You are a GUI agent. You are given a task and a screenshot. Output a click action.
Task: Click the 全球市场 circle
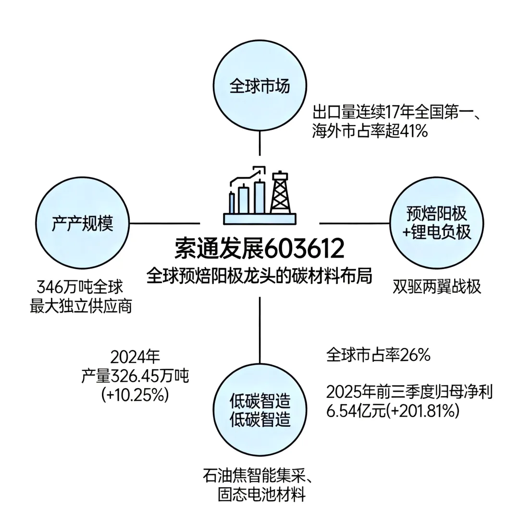260,86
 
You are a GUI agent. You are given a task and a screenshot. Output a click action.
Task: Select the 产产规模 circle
83,223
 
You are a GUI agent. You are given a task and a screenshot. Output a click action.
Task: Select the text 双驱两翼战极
436,287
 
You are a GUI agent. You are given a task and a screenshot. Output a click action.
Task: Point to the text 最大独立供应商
81,307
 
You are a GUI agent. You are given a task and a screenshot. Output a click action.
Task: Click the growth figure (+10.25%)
135,395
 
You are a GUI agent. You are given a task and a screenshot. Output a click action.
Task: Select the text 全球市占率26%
378,356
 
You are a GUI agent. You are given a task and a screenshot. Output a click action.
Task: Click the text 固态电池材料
261,495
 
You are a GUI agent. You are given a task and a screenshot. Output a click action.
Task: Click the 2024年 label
135,357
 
